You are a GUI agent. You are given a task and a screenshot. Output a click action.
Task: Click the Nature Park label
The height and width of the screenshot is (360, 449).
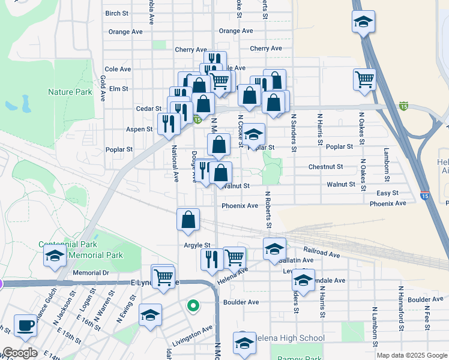[x=70, y=92]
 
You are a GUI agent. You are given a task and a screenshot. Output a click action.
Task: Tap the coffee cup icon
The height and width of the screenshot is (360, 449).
[x=25, y=326]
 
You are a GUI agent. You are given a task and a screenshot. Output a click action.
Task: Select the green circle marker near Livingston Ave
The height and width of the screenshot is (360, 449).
[x=193, y=306]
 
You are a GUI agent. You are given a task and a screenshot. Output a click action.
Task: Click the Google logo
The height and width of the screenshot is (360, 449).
[x=19, y=353]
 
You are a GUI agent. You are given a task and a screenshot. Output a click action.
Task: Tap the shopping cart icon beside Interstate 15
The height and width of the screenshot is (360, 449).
[x=364, y=80]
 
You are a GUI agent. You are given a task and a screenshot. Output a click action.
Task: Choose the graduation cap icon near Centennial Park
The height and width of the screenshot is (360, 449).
[x=55, y=256]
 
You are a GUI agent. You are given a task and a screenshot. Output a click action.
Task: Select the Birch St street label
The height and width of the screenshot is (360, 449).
[x=116, y=13]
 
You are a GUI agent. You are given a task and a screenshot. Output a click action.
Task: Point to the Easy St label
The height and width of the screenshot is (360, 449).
[x=387, y=193]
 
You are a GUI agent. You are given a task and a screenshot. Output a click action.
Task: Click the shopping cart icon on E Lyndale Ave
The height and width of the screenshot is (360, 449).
[x=163, y=277]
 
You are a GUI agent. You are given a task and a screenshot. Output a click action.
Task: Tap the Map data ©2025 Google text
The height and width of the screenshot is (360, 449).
[x=411, y=355]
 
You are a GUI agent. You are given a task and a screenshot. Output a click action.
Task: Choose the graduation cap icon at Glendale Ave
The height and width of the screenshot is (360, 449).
[x=303, y=281]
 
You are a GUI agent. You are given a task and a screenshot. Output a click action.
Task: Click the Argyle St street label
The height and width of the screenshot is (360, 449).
[x=197, y=245]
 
